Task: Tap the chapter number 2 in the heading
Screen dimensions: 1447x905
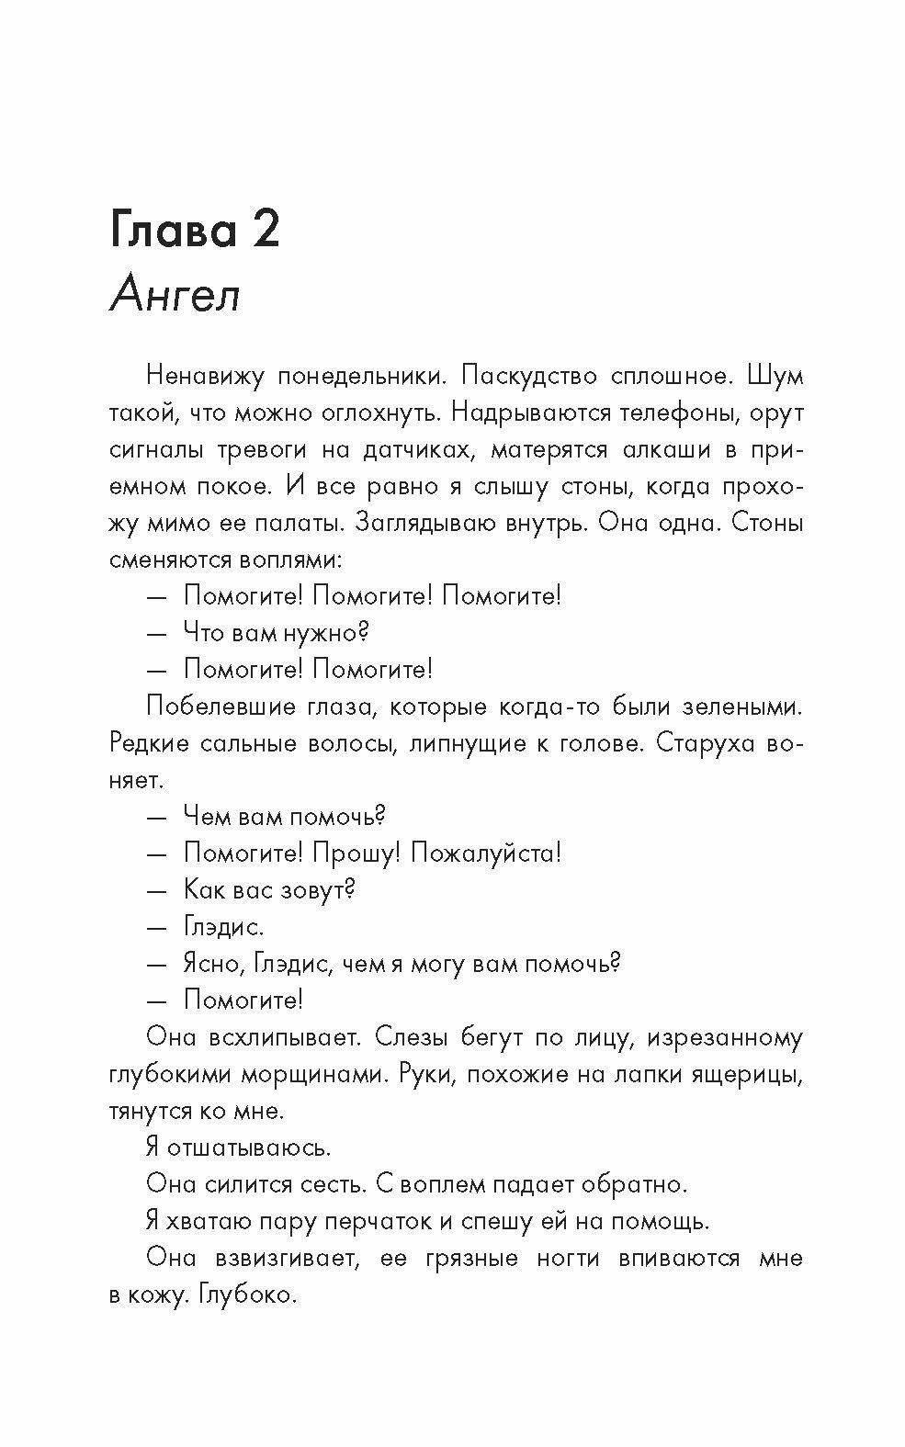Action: (260, 229)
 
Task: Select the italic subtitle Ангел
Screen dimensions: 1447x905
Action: (175, 296)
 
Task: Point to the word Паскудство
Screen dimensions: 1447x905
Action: (521, 377)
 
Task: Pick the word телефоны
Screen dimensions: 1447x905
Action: (659, 413)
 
